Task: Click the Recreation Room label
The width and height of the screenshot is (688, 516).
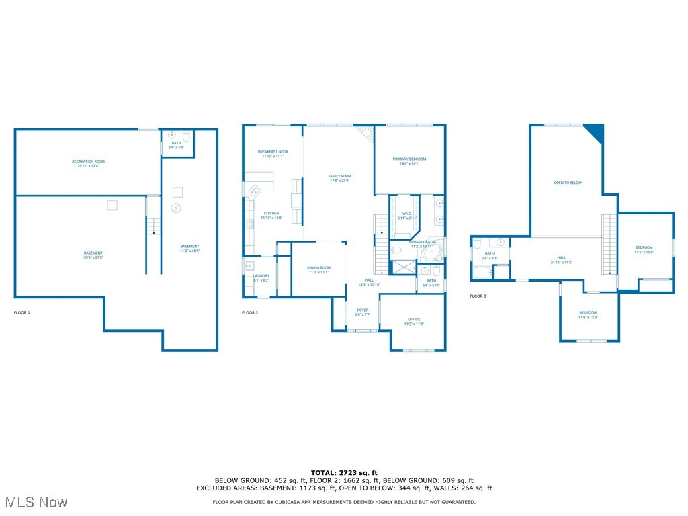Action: click(x=89, y=163)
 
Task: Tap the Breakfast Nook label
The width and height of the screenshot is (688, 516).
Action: click(x=273, y=154)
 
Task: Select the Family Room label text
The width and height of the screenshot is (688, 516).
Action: click(x=340, y=178)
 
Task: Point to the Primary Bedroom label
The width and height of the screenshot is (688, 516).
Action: click(x=409, y=161)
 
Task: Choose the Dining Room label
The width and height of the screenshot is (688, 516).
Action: click(x=318, y=269)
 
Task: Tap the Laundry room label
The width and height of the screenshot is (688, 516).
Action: click(x=261, y=277)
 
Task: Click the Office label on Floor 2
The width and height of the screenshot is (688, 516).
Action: click(x=414, y=321)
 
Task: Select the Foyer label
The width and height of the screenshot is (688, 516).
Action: click(x=362, y=312)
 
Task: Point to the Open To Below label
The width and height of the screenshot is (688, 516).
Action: click(x=568, y=183)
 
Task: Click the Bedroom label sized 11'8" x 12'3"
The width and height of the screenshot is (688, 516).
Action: click(x=588, y=314)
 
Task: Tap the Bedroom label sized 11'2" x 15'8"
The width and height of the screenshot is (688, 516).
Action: click(x=644, y=249)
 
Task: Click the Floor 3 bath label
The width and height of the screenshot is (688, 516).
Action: click(x=489, y=255)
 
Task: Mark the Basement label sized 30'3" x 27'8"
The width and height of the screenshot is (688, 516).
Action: click(x=93, y=255)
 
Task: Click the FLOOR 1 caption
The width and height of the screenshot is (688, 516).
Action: click(x=22, y=313)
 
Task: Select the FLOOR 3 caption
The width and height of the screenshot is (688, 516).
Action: click(x=478, y=296)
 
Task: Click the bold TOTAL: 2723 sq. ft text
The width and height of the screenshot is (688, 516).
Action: click(x=344, y=472)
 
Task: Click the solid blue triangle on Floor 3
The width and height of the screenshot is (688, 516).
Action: click(x=596, y=132)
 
